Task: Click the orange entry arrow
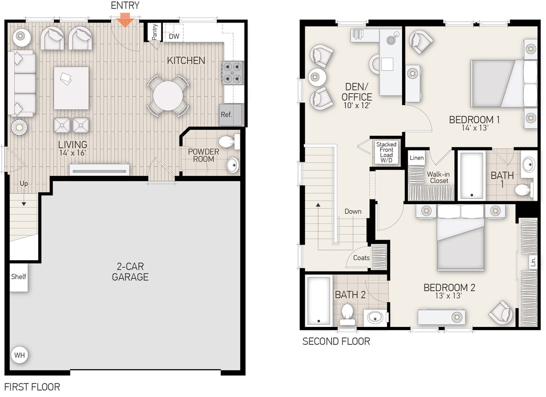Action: click(x=125, y=19)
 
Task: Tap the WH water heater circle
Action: click(x=19, y=355)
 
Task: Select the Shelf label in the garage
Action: click(x=19, y=277)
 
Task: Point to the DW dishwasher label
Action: click(x=174, y=36)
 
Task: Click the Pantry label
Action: click(x=155, y=32)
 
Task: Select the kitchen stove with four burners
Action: click(x=232, y=72)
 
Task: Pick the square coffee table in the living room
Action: click(x=71, y=88)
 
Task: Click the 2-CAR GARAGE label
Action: click(x=130, y=271)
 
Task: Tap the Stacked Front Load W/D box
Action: click(x=386, y=152)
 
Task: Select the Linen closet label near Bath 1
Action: click(x=417, y=158)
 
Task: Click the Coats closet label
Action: click(x=361, y=258)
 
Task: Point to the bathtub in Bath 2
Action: click(x=319, y=301)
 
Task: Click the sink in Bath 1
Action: click(x=528, y=165)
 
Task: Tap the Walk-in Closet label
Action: click(x=437, y=177)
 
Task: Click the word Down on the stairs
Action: click(x=353, y=211)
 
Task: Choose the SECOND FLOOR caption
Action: click(x=336, y=341)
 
